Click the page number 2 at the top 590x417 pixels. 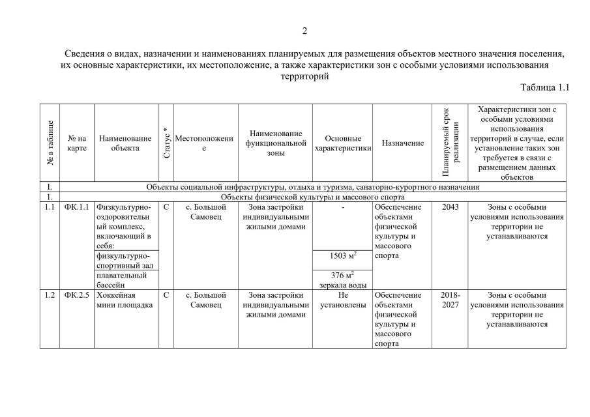coord(304,31)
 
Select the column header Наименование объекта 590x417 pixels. coord(125,143)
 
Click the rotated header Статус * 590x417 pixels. coord(166,143)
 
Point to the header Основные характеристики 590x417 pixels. coord(342,143)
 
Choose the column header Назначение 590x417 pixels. coord(402,143)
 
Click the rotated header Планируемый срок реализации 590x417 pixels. coord(450,143)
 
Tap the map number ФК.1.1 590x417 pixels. coord(77,208)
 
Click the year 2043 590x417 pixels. coord(450,208)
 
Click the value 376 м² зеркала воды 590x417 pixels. coord(342,280)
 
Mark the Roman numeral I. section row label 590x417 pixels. coord(50,188)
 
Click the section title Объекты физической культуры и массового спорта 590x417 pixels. coord(313,197)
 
